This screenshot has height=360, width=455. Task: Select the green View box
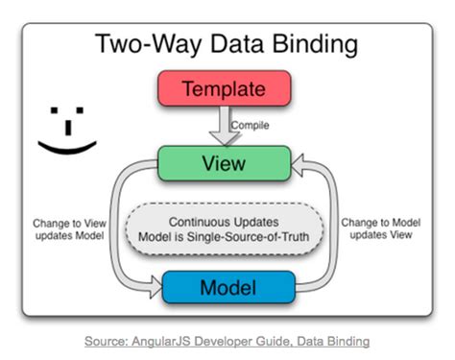pyautogui.click(x=224, y=164)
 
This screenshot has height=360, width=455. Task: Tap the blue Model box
pyautogui.click(x=227, y=286)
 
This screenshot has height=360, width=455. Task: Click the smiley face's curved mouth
pyautogui.click(x=68, y=146)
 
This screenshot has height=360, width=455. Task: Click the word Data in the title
pyautogui.click(x=227, y=43)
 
